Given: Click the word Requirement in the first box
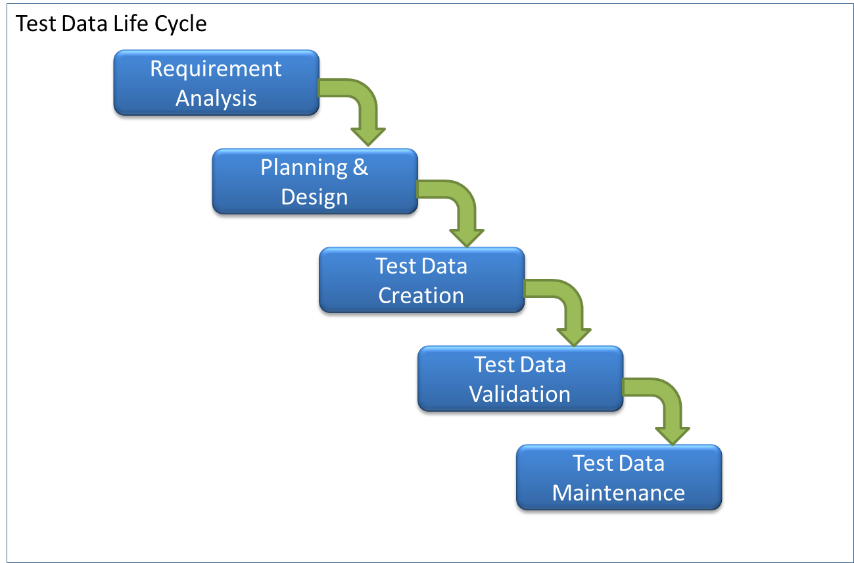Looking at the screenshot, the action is coord(216,70).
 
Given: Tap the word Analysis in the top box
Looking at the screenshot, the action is coord(216,99).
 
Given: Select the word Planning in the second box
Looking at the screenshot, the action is coord(304,168).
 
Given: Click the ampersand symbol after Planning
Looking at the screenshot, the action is coord(360,166).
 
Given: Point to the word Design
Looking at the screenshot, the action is coord(314,197).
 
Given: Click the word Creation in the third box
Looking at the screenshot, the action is coord(421,295).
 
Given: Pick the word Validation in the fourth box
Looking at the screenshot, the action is coord(519,394).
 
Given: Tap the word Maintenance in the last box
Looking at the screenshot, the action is coord(619,493).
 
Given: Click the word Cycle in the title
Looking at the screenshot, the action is coord(180,24).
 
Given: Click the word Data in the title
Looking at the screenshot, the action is coord(84,24).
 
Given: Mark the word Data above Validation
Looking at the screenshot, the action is coord(544,364).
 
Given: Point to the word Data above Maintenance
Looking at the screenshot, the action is coord(642,464).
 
